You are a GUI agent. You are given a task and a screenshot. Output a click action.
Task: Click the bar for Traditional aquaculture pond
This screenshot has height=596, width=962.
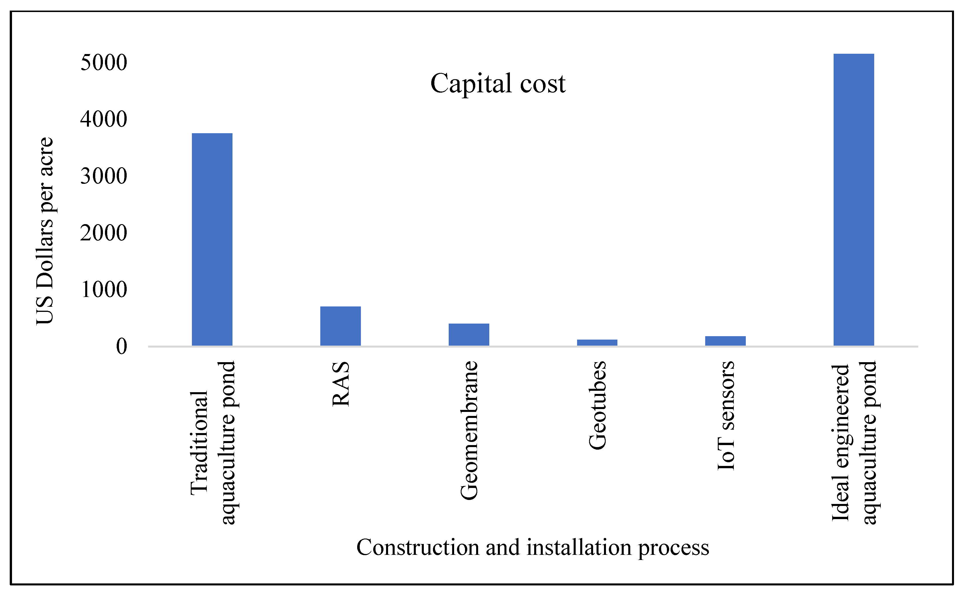point(212,240)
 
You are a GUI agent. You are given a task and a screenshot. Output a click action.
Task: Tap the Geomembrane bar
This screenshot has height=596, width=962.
point(469,335)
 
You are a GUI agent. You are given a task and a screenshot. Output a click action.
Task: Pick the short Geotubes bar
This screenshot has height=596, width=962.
point(597,342)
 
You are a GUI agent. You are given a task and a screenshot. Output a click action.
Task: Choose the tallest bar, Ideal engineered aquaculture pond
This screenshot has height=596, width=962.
point(854,200)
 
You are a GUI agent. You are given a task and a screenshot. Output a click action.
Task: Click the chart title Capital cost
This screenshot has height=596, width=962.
point(498,83)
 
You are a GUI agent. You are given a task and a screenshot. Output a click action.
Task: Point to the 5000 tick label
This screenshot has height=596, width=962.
point(104,62)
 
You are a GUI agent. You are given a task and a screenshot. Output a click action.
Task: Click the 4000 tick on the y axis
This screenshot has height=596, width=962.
point(104,119)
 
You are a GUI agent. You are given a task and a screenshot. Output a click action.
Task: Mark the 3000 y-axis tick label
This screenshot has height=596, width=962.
point(104,176)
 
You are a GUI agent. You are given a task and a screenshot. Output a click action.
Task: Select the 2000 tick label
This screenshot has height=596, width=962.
point(104,233)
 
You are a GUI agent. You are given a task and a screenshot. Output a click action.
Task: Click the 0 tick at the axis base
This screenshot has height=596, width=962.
point(122,346)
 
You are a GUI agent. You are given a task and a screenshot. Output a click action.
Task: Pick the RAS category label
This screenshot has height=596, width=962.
point(341,384)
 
